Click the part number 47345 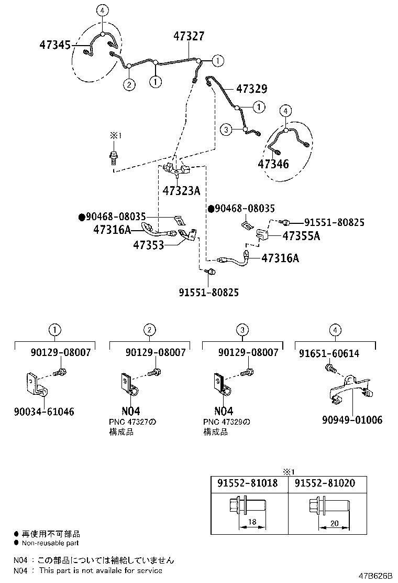click(x=54, y=45)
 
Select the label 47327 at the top click(x=189, y=36)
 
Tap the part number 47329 click(x=251, y=89)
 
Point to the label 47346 click(x=273, y=164)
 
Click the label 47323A click(x=181, y=191)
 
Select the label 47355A click(x=301, y=236)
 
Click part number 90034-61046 click(x=45, y=412)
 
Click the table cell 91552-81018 click(x=247, y=483)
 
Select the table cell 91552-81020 click(x=324, y=483)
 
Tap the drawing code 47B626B click(x=374, y=576)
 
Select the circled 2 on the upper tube click(x=129, y=84)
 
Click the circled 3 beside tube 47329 click(x=226, y=129)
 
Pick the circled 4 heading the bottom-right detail click(x=335, y=330)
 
